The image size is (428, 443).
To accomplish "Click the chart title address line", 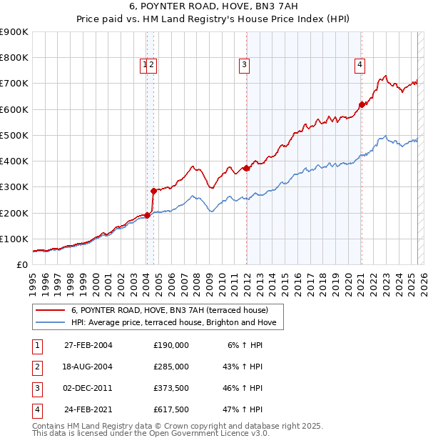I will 213,7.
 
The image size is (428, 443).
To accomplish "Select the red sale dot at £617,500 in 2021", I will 362,104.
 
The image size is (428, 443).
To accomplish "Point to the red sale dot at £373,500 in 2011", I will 246,168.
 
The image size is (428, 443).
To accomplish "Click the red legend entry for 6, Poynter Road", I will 169,310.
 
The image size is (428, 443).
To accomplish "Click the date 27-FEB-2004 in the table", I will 88,344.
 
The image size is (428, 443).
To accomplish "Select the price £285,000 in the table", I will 170,366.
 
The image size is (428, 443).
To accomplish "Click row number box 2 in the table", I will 36,366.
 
